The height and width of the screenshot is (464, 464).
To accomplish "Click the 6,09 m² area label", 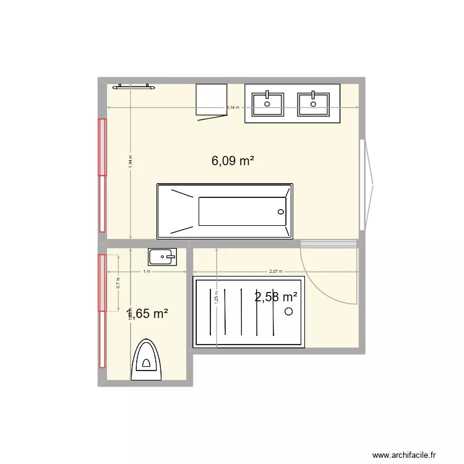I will pos(233,161).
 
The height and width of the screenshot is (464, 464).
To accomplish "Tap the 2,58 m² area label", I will pos(276,297).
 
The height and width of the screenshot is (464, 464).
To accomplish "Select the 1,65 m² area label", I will pos(147,314).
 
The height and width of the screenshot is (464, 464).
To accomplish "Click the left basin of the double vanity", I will pos(268,102).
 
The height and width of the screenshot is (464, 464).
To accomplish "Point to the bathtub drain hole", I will pos(281,212).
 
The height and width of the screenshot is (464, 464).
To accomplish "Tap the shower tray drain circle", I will pos(288,312).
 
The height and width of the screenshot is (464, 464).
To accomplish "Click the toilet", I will pos(146,360).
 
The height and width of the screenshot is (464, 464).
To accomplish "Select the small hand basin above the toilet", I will pos(162,256).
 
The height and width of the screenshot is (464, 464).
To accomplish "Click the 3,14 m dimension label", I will pos(233,108).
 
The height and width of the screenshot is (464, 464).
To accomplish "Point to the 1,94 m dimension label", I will pos(131,161).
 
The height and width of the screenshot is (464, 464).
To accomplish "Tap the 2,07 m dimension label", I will pos(275,272).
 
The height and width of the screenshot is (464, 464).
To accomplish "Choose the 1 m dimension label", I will pos(147,272).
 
